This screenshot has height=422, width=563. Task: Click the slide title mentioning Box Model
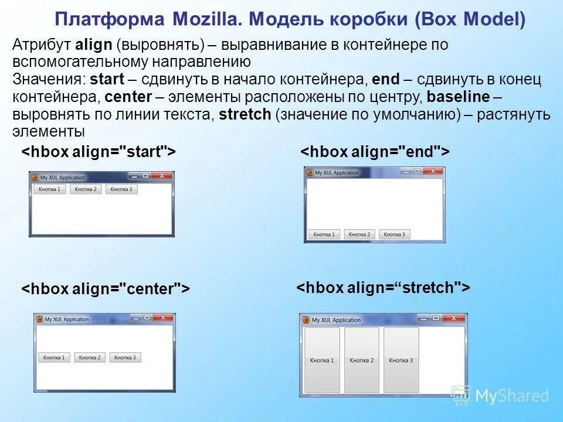click(290, 20)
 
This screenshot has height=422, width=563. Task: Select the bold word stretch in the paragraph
click(245, 114)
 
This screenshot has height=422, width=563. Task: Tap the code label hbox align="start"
click(99, 152)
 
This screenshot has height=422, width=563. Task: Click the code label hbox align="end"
click(375, 152)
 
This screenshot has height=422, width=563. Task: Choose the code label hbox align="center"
click(106, 289)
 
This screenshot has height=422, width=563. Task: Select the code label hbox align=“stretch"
click(383, 288)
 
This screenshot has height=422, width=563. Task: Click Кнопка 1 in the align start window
click(50, 189)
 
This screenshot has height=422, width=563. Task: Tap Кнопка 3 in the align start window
click(121, 189)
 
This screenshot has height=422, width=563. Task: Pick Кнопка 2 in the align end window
click(359, 234)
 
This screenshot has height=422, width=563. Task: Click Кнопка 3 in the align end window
click(394, 234)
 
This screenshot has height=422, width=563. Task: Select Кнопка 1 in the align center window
click(54, 358)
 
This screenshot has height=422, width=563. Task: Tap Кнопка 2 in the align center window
click(90, 358)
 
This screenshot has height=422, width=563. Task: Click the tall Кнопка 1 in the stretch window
click(322, 360)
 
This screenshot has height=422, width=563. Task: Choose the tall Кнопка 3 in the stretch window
click(401, 360)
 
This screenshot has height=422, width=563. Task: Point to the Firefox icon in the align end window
click(310, 172)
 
